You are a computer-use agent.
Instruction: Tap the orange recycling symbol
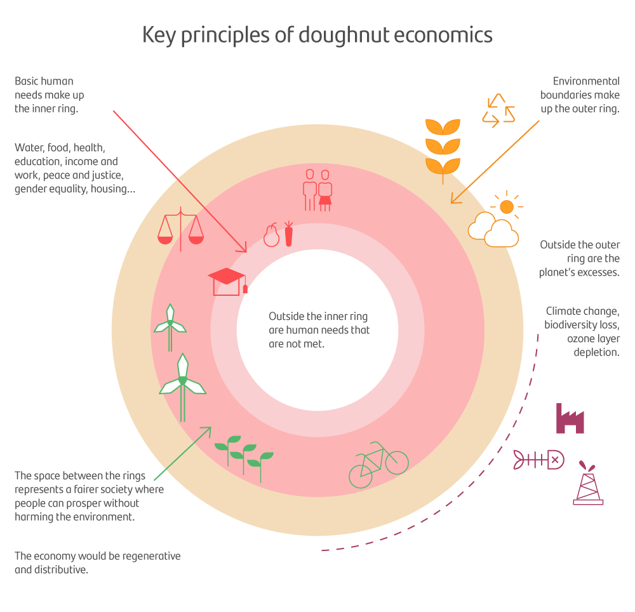(x=498, y=110)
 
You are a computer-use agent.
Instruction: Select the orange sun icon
(x=506, y=206)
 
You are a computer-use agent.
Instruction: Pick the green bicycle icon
(x=378, y=465)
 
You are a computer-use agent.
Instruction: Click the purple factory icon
(x=570, y=418)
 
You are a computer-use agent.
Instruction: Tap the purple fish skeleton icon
(x=538, y=459)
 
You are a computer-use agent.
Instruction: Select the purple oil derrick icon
(x=588, y=484)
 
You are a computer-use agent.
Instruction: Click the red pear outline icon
(x=271, y=236)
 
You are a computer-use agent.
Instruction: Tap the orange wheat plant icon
(x=443, y=146)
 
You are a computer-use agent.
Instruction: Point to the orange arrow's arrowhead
(x=453, y=200)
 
